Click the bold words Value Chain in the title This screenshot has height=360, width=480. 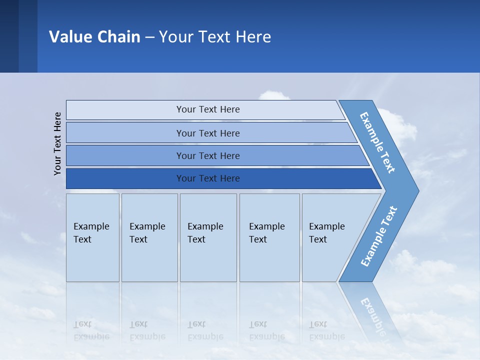coord(94,37)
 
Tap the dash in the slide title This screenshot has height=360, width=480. coord(149,37)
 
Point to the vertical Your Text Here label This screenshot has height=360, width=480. coord(57,143)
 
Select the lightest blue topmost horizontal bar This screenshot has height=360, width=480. coord(207,109)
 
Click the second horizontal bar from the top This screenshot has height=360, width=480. coord(207,133)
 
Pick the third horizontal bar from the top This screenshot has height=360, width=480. coord(207,155)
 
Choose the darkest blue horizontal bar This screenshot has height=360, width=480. coord(207,178)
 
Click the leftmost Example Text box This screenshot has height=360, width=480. coord(92,237)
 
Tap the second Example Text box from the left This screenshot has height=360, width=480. coord(149,237)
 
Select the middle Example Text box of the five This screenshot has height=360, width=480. coord(208,237)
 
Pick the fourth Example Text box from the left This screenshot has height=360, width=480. coord(269,237)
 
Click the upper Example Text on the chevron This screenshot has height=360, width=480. coord(377,142)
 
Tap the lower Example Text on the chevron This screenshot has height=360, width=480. coord(378,236)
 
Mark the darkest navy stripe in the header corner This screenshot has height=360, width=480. coord(9,36)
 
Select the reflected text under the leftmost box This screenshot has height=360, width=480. coord(91,330)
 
